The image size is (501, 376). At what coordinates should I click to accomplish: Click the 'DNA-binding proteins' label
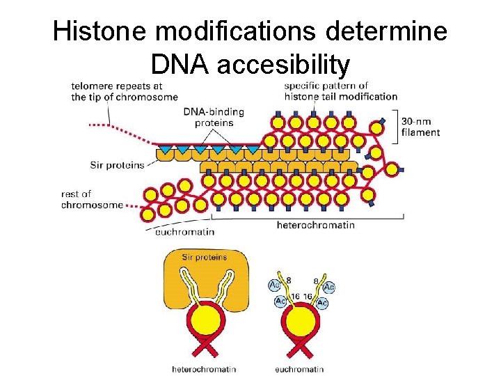tap(208, 117)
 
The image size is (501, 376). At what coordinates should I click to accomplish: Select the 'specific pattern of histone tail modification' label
tap(340, 91)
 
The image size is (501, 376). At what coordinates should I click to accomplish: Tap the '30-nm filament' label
tap(420, 127)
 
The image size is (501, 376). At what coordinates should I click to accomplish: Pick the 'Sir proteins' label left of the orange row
tap(117, 165)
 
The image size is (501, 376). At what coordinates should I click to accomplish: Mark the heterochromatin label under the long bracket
tap(315, 225)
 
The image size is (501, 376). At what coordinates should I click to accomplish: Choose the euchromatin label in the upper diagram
tap(184, 231)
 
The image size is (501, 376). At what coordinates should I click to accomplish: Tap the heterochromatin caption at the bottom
tap(203, 368)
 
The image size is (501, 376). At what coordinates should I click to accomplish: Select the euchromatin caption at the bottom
tap(299, 368)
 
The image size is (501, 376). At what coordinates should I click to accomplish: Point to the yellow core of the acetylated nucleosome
tap(299, 322)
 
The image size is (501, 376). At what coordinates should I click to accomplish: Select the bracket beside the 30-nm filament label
tap(397, 125)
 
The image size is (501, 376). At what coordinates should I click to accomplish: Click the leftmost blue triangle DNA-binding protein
tap(165, 149)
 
